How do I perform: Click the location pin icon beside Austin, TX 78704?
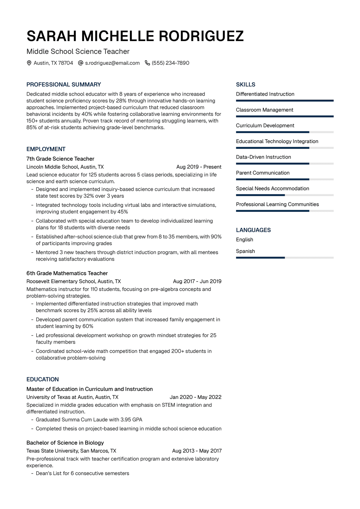29,63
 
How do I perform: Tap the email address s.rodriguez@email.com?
112,63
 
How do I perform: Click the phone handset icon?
147,63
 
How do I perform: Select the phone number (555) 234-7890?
170,63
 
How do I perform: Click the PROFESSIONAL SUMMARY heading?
64,85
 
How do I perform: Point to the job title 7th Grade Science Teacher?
60,159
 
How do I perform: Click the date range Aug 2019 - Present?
199,167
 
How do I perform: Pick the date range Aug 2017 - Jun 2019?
197,281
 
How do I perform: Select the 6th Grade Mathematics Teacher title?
67,273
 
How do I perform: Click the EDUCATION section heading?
43,379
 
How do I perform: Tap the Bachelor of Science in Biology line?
65,443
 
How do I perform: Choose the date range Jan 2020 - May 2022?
195,397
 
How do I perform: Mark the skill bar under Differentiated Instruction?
285,101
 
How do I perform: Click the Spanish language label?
245,251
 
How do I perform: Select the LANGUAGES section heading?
253,230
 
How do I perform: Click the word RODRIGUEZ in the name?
201,36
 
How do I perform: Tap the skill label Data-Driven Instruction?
263,157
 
